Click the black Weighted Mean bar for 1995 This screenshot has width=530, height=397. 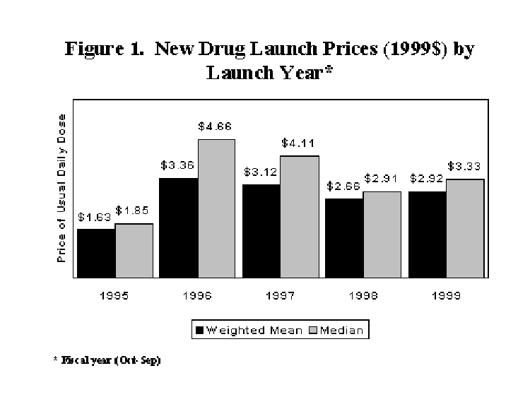[95, 253]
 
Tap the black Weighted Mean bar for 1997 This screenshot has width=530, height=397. [261, 231]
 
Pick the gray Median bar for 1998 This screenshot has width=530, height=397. [382, 235]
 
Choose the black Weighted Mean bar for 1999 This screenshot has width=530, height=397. [427, 235]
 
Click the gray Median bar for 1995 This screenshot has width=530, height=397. [134, 251]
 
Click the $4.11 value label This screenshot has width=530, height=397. [300, 143]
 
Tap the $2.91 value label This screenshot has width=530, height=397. [382, 179]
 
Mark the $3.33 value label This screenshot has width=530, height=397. [465, 167]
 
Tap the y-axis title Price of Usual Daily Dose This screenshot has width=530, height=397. [61, 187]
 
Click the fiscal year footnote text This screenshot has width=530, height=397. [107, 360]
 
